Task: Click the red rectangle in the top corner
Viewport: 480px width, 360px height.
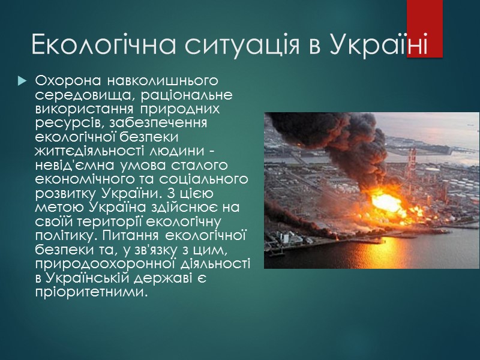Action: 425,29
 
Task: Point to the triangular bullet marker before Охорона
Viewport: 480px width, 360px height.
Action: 22,80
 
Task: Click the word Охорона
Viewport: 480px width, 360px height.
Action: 63,80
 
